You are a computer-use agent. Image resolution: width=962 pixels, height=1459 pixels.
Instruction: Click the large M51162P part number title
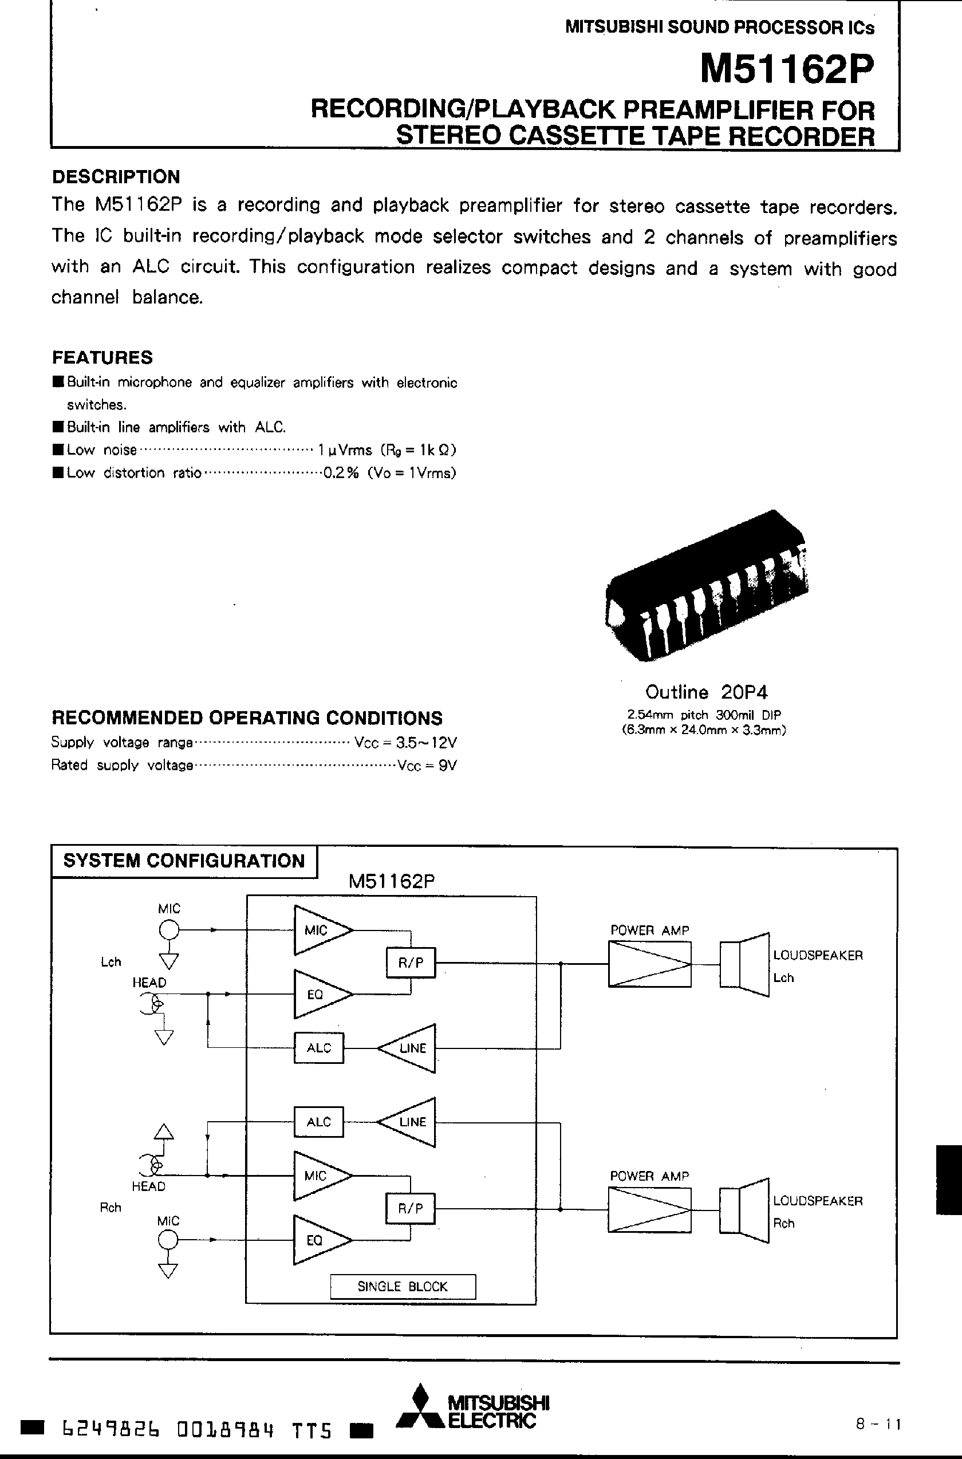click(x=787, y=70)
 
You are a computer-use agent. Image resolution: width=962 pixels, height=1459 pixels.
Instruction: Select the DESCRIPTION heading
click(x=116, y=177)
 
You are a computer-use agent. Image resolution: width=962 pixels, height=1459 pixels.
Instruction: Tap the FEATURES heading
click(x=102, y=357)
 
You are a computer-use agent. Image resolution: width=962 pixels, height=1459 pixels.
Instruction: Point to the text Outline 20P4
click(x=706, y=692)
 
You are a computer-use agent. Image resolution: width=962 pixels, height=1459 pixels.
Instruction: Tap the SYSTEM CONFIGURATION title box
click(x=183, y=861)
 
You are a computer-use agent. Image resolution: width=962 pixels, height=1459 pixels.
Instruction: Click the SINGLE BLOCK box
click(x=403, y=1286)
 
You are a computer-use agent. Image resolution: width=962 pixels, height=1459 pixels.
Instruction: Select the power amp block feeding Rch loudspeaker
click(x=649, y=1210)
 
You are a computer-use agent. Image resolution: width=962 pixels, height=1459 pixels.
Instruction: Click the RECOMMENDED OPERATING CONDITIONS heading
click(x=247, y=718)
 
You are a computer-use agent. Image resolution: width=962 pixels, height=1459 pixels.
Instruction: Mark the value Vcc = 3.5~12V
click(x=405, y=743)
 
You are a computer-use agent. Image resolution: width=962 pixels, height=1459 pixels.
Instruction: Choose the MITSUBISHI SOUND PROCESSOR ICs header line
click(x=719, y=27)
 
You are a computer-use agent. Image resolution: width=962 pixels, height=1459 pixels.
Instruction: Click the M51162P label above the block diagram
click(x=392, y=882)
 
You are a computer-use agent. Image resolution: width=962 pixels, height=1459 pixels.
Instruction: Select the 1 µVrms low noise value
click(x=345, y=449)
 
